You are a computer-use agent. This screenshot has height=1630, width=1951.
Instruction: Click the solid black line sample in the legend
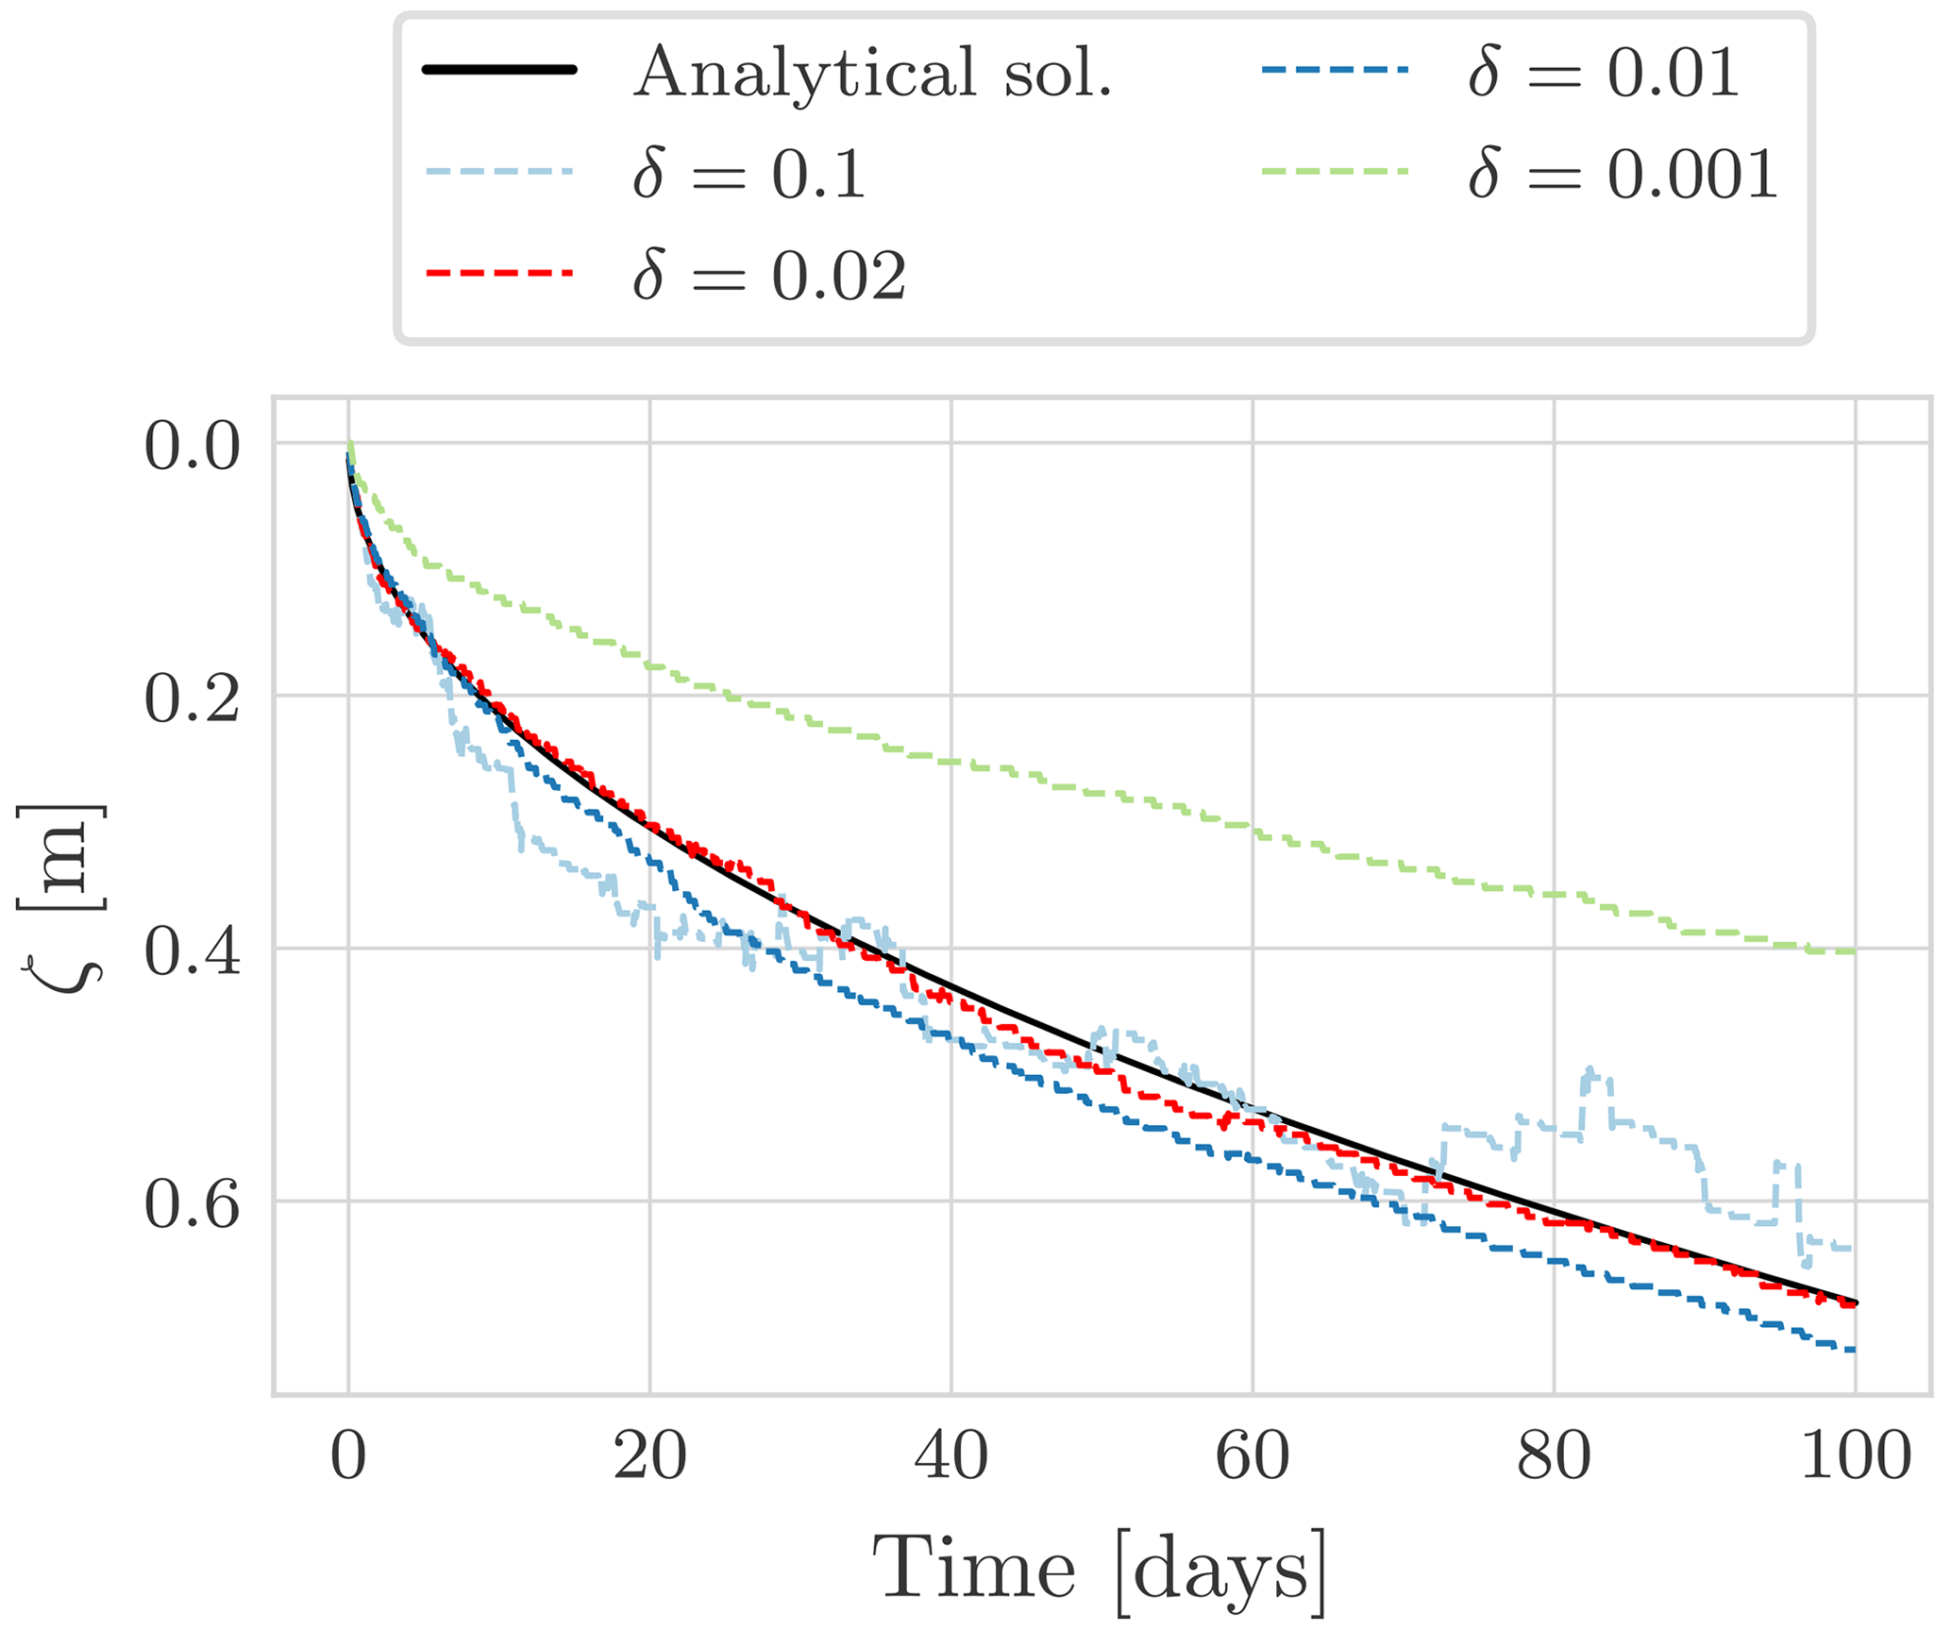coord(499,70)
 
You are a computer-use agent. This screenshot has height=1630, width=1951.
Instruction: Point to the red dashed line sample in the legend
coord(499,273)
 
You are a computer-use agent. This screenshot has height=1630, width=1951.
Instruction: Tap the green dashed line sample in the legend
coord(1334,171)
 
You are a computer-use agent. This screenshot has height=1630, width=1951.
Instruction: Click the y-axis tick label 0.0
coord(192,446)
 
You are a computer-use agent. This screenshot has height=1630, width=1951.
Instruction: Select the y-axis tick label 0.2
coord(192,699)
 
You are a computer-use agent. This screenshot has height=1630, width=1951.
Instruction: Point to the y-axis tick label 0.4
coord(192,952)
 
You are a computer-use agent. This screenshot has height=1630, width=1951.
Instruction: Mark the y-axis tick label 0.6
coord(192,1205)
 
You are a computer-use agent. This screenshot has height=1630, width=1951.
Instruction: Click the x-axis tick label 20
coord(649,1456)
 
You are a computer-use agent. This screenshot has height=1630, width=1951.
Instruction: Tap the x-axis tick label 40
coord(951,1456)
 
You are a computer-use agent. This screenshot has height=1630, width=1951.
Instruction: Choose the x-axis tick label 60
coord(1253,1456)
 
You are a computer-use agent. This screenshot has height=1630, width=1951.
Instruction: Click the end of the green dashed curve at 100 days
coord(1854,951)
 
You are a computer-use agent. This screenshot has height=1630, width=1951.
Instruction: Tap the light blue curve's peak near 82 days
coord(1589,1069)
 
